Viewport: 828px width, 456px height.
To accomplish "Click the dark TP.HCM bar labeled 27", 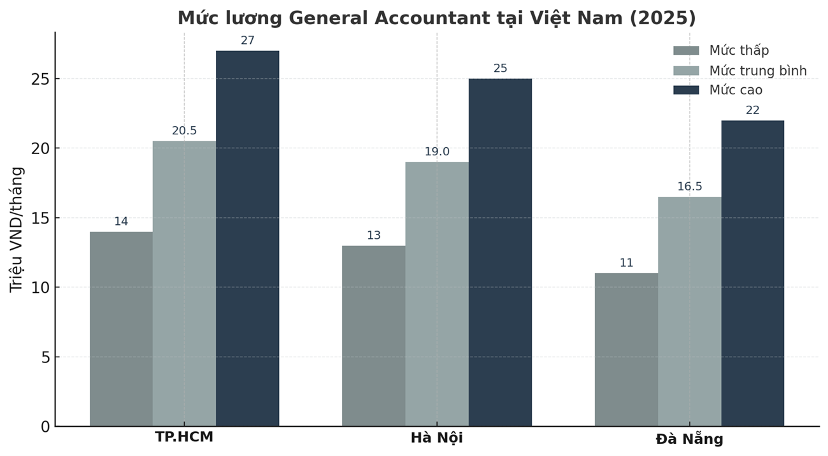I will pyautogui.click(x=247, y=238).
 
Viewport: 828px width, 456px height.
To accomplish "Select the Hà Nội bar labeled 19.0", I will pyautogui.click(x=437, y=294).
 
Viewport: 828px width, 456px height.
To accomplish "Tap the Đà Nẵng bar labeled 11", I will pyautogui.click(x=626, y=350).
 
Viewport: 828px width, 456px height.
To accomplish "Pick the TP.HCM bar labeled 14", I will pyautogui.click(x=121, y=329).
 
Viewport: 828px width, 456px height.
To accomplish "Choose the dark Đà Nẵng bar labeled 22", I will pyautogui.click(x=752, y=273).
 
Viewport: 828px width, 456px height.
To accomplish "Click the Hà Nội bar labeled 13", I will pyautogui.click(x=373, y=336).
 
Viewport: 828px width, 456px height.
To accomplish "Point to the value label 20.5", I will pyautogui.click(x=184, y=131).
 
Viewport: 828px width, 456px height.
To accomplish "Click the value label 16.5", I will pyautogui.click(x=689, y=187).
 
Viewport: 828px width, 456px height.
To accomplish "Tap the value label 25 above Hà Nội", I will pyautogui.click(x=500, y=69).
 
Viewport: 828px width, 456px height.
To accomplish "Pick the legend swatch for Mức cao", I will pyautogui.click(x=686, y=90).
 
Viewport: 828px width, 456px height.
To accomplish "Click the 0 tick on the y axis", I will pyautogui.click(x=45, y=427).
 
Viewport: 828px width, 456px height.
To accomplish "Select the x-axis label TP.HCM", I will pyautogui.click(x=184, y=438).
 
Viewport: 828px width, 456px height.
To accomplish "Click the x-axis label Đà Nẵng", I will pyautogui.click(x=689, y=439).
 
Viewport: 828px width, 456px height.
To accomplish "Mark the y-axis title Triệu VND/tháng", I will pyautogui.click(x=17, y=229).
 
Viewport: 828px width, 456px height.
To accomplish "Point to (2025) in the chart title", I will pyautogui.click(x=662, y=18).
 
